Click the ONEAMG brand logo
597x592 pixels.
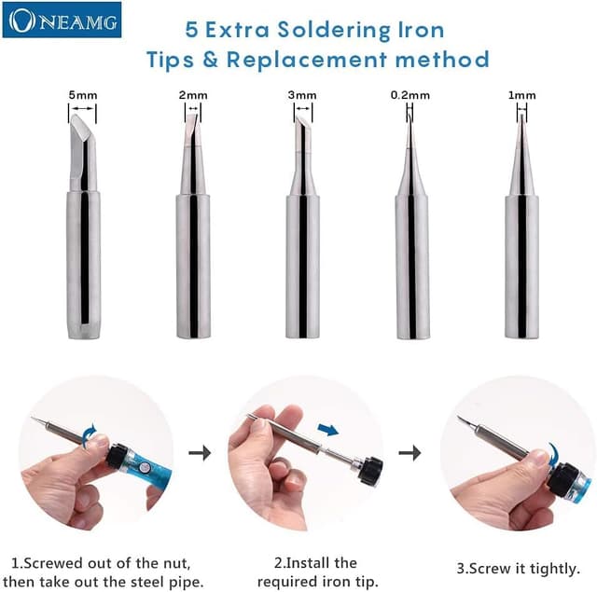(x=62, y=20)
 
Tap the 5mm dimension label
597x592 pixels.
(x=83, y=95)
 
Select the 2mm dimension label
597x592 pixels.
(x=193, y=95)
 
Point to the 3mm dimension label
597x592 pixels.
(x=302, y=95)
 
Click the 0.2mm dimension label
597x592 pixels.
(x=410, y=95)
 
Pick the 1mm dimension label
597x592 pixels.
(x=522, y=95)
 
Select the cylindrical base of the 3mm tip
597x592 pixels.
(x=302, y=267)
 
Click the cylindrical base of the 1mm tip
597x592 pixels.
(x=522, y=267)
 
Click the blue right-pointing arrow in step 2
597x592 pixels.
(x=327, y=430)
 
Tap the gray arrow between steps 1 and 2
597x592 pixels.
(x=200, y=453)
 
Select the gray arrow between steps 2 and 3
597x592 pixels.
(x=410, y=453)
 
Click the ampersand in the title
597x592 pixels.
(x=210, y=60)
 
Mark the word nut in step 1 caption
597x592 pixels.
(x=176, y=563)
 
